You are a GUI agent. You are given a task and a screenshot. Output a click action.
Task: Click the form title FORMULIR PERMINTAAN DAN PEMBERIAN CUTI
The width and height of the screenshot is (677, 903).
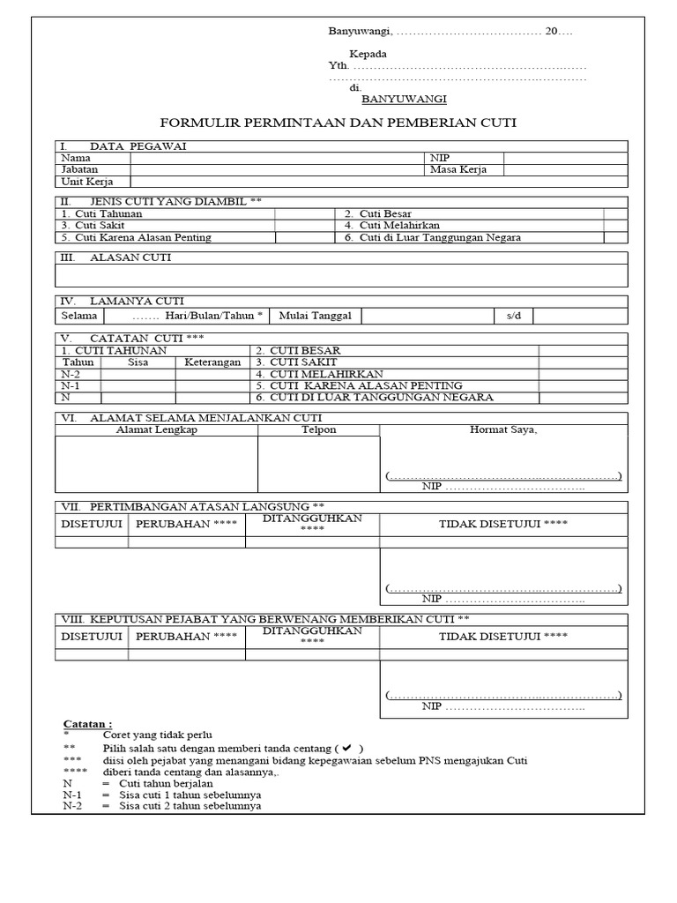coord(338,123)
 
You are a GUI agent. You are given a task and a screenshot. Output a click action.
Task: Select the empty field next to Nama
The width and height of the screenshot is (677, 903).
coord(277,158)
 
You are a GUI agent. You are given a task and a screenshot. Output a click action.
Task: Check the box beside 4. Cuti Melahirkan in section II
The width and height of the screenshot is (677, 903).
coord(615,226)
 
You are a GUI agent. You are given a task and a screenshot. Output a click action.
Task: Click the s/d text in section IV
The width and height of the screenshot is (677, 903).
coord(514,316)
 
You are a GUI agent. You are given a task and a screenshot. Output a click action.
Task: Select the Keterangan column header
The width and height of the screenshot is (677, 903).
coord(212,362)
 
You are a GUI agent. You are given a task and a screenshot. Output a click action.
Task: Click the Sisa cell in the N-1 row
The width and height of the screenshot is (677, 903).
coord(138,385)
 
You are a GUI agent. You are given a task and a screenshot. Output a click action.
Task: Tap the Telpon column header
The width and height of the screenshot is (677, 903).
coord(318,429)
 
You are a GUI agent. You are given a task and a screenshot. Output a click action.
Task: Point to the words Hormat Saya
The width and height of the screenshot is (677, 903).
coord(503,429)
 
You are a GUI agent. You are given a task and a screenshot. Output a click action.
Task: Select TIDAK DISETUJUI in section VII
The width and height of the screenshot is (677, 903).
coord(503,524)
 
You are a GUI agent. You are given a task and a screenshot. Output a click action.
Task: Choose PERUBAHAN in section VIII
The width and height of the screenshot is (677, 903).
coord(186,636)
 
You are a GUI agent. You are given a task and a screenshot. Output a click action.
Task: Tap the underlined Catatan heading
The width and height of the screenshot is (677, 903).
coord(88,723)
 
